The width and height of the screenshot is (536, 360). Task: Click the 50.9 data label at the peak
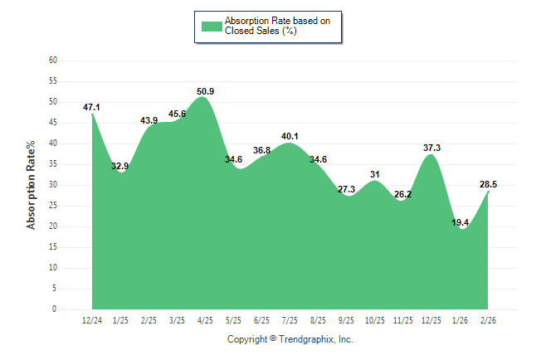pos(206,91)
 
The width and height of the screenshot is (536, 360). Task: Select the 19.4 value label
pos(460,222)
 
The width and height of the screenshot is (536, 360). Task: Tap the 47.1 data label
pos(92,107)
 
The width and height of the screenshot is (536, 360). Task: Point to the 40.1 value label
pos(290,136)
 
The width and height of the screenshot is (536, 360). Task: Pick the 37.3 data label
pos(431,148)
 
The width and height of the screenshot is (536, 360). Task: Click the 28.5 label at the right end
pos(489,184)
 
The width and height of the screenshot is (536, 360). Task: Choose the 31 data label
pos(375,174)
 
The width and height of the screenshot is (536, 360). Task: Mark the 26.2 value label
pos(403,194)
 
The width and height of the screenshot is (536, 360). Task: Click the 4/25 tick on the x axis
pos(205,320)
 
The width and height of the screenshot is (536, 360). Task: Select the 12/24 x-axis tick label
pos(92,320)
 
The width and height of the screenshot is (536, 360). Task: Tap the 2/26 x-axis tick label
pos(489,320)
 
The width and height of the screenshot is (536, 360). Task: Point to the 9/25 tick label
pos(347,320)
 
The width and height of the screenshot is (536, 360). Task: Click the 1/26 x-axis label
pos(460,320)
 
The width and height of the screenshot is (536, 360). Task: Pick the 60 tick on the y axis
pos(53,61)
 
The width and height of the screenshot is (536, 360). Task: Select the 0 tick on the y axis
pos(55,309)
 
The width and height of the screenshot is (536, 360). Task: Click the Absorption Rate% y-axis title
pos(32,185)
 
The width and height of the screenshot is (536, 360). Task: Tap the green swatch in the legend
pos(212,26)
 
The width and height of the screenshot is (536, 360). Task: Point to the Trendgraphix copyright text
pos(290,338)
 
